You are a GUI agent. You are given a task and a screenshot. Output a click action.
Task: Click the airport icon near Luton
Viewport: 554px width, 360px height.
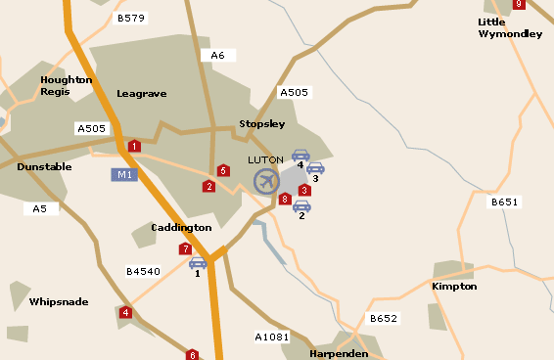coord(266,181)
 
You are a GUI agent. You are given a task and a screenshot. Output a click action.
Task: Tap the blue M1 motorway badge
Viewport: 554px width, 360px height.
coord(123,175)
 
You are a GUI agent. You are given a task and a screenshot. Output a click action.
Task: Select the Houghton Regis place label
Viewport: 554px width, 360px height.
coord(67,85)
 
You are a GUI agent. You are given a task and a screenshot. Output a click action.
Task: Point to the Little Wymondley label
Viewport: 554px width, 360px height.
coord(510,27)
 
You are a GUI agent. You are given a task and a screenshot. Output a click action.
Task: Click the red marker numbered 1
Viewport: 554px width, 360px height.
coord(134,147)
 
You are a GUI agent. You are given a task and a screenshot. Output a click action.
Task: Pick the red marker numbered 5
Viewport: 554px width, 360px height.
coord(224,171)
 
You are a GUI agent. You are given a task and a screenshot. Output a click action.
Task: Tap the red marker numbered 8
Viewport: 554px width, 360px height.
coord(285,200)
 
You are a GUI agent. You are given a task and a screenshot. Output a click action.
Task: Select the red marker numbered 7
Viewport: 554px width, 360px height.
coord(185,249)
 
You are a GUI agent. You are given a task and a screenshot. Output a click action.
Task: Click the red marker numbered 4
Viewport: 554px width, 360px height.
coord(125,313)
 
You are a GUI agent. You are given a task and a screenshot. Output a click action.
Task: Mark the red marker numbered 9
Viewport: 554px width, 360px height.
coord(519,4)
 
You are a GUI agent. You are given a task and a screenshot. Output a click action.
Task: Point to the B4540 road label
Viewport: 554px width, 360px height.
coord(143,271)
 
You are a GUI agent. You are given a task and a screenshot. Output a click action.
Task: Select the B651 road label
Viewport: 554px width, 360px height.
coord(504,202)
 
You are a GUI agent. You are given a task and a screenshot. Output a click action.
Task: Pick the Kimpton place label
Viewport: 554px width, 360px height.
coord(454,287)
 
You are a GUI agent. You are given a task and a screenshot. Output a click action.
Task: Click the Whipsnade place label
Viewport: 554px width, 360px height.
coord(59,302)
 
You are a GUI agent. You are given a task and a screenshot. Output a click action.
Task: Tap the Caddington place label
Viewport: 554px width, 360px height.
coord(181,228)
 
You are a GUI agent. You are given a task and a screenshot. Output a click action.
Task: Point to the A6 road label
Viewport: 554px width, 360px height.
coord(217,56)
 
